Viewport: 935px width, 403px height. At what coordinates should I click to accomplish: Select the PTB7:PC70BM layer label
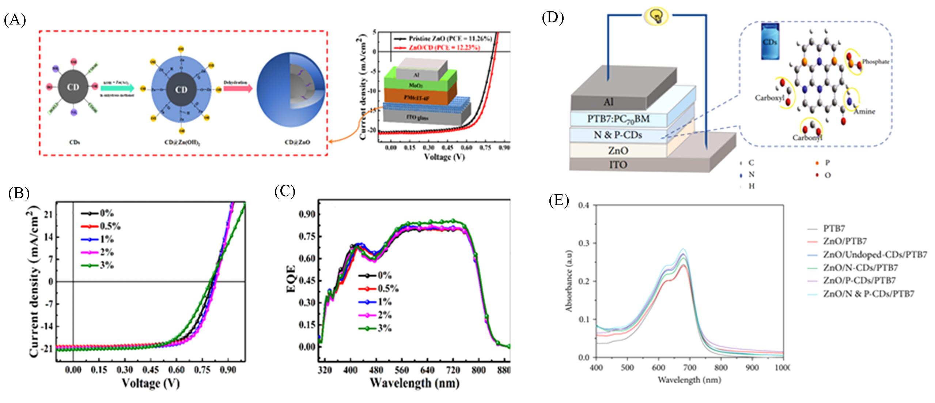(618, 119)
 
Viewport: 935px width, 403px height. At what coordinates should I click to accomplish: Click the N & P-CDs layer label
(618, 135)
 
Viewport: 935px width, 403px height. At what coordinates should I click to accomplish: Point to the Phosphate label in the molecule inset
(875, 62)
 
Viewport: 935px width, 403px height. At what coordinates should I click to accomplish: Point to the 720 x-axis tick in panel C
(453, 370)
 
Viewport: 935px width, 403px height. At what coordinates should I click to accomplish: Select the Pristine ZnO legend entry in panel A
(444, 38)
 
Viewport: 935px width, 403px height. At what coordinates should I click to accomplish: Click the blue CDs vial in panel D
(770, 41)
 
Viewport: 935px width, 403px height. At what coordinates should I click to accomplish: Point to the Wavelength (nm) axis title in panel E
(689, 380)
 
